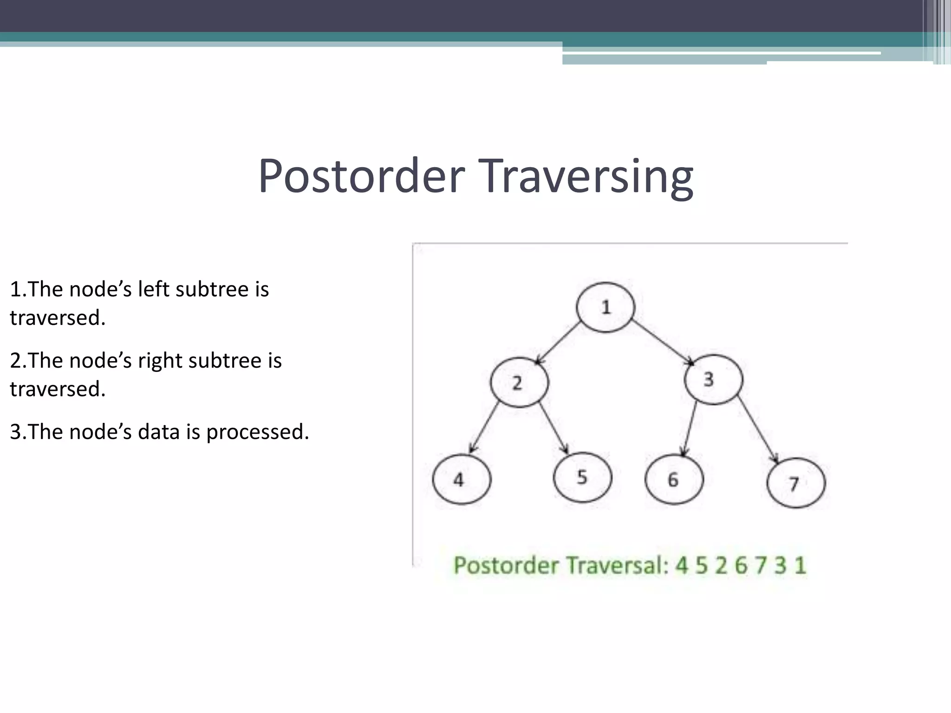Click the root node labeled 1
point(606,307)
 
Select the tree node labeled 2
point(519,382)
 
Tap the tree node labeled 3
point(713,380)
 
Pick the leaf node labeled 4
point(462,479)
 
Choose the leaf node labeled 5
point(582,477)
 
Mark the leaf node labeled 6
point(674,479)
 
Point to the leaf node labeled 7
point(796,483)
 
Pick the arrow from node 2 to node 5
point(554,428)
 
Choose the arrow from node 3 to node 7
point(758,429)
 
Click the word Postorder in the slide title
point(361,176)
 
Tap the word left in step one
point(154,289)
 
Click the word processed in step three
point(257,432)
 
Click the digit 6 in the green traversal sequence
point(741,565)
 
